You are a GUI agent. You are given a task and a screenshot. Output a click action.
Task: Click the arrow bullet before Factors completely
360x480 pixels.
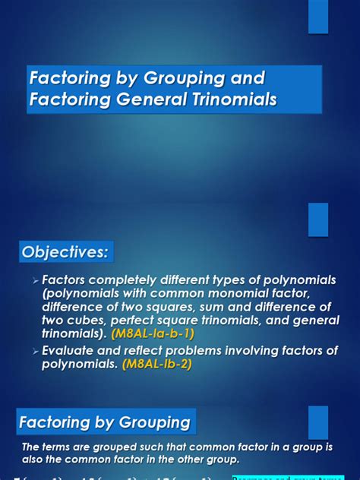36,280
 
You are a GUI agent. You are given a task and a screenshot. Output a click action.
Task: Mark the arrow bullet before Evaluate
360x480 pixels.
36,351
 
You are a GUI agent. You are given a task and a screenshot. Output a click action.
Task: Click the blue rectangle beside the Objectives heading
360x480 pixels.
318,219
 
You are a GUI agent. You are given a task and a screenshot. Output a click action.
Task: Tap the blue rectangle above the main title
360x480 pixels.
318,17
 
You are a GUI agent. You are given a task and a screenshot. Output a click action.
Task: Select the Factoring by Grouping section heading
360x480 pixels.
105,422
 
